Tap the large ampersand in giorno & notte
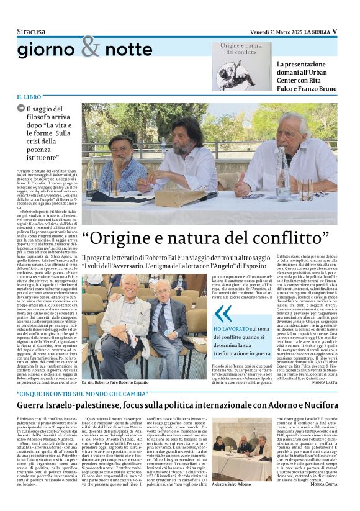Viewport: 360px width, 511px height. (x=90, y=46)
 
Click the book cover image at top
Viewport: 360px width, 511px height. (x=241, y=66)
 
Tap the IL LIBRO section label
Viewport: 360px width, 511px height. (x=29, y=97)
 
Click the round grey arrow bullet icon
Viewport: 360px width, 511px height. (x=21, y=109)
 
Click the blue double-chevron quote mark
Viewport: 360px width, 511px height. (x=223, y=313)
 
